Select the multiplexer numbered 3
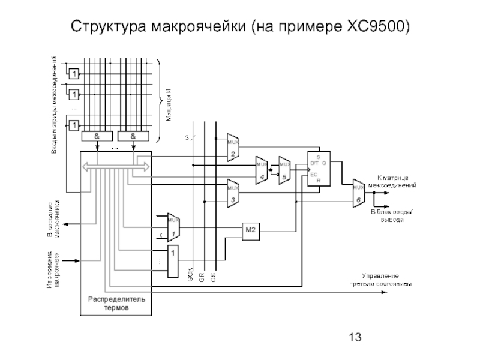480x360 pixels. (x=233, y=192)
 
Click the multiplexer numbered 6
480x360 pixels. (x=358, y=193)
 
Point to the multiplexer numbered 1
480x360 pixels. (x=173, y=226)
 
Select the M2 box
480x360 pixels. (x=250, y=229)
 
